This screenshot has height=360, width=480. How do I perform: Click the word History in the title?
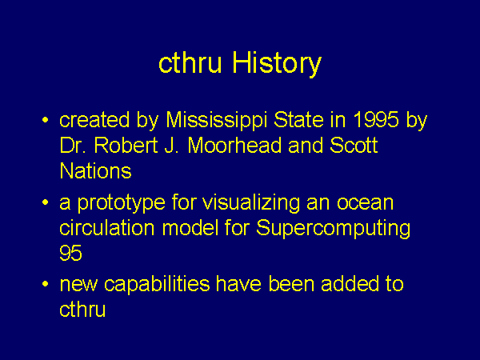(277, 62)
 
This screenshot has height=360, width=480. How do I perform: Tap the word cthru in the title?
(190, 62)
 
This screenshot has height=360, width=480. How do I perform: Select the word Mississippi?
(217, 120)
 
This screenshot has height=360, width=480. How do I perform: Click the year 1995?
(376, 119)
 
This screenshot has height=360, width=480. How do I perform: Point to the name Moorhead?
(234, 145)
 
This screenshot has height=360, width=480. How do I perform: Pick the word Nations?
(95, 170)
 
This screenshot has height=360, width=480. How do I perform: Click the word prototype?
(121, 203)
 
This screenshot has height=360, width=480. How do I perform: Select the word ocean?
(366, 202)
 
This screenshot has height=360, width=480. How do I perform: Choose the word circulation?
(107, 228)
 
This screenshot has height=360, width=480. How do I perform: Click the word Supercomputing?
(333, 228)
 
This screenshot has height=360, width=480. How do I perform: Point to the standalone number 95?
(70, 253)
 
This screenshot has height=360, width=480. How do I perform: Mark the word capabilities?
(157, 284)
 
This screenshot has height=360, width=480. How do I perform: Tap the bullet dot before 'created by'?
(46, 120)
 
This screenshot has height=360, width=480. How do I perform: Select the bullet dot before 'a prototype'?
(46, 202)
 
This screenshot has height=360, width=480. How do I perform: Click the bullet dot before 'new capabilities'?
(46, 284)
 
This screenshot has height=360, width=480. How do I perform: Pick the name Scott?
(354, 145)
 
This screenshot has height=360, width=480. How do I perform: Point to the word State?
(298, 119)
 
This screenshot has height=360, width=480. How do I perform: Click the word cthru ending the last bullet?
(82, 309)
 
